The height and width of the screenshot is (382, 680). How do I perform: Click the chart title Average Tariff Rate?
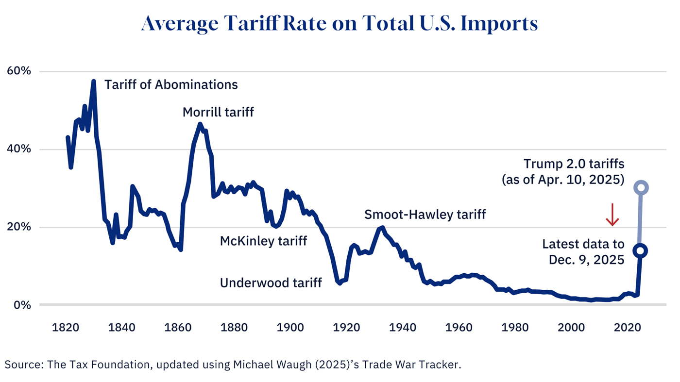tap(340, 24)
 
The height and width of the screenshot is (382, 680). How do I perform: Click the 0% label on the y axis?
tap(22, 305)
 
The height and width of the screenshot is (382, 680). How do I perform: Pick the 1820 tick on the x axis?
tap(66, 327)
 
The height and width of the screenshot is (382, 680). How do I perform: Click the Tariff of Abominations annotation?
tap(171, 84)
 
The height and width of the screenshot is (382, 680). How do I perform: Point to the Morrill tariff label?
tap(218, 112)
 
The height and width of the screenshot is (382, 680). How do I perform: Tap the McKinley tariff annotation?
tap(263, 240)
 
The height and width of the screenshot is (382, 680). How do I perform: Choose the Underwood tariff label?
tap(271, 282)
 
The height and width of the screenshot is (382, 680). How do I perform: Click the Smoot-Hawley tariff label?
tap(425, 214)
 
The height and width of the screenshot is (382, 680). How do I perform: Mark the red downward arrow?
tap(612, 215)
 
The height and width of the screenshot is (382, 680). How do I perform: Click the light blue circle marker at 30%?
tap(641, 187)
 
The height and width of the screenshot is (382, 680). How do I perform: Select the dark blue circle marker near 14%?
tap(641, 250)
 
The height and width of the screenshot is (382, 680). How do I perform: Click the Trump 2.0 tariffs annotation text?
tap(573, 164)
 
